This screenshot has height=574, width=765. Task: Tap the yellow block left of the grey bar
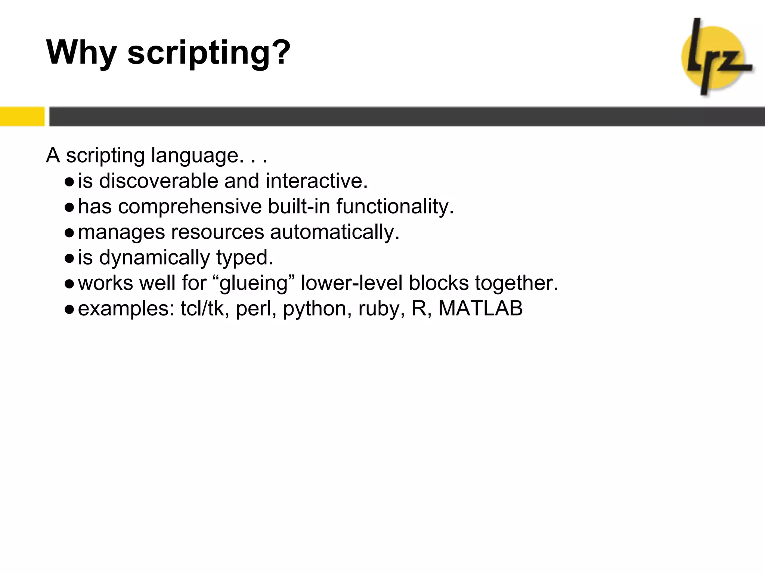[x=22, y=116]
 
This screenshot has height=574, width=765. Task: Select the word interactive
[x=316, y=181]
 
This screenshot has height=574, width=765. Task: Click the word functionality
[x=395, y=207]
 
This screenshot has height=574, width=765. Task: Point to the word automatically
[x=335, y=232]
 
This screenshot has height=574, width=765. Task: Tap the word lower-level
[x=351, y=283]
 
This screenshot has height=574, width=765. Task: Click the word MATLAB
[x=480, y=309]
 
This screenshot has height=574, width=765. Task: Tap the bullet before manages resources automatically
[x=69, y=233]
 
